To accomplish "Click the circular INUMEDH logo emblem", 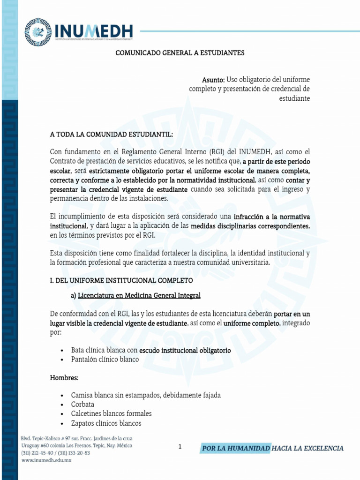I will pyautogui.click(x=38, y=32).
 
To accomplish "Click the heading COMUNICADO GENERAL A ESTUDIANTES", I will pyautogui.click(x=180, y=53).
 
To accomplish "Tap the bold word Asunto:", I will pyautogui.click(x=213, y=79).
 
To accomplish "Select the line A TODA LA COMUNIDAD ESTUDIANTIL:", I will pyautogui.click(x=112, y=134).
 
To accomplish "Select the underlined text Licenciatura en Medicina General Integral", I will pyautogui.click(x=139, y=295).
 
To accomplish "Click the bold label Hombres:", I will pyautogui.click(x=64, y=377).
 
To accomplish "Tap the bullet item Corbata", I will pyautogui.click(x=82, y=404).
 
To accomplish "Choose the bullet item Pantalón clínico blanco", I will pyautogui.click(x=105, y=360).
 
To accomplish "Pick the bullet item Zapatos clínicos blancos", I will pyautogui.click(x=106, y=423).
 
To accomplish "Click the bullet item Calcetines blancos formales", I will pyautogui.click(x=111, y=413).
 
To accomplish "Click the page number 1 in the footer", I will pyautogui.click(x=180, y=447).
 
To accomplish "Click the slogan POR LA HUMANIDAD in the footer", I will pyautogui.click(x=236, y=448).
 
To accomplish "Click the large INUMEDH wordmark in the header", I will pyautogui.click(x=94, y=31).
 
